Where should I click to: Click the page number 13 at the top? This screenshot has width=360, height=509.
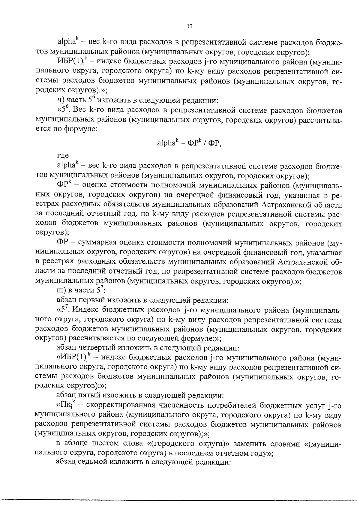189,26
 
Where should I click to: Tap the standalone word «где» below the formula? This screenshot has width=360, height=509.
63,155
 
